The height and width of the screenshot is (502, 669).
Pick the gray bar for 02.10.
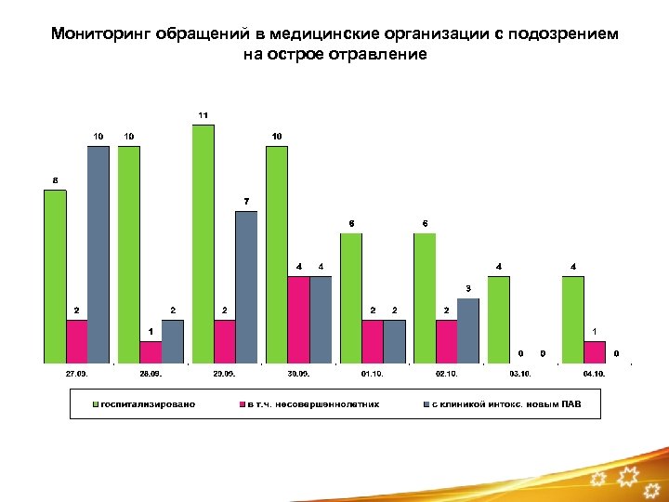(x=467, y=330)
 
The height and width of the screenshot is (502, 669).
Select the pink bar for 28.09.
(x=151, y=351)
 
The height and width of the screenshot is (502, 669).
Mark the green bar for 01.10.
(x=351, y=297)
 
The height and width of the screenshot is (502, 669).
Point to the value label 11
(x=203, y=114)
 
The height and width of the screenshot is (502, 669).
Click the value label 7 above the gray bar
(x=246, y=201)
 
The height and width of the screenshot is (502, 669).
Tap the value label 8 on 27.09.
(x=55, y=179)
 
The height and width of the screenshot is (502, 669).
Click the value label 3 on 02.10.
(x=467, y=287)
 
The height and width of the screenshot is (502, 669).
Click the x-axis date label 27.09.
(x=76, y=373)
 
